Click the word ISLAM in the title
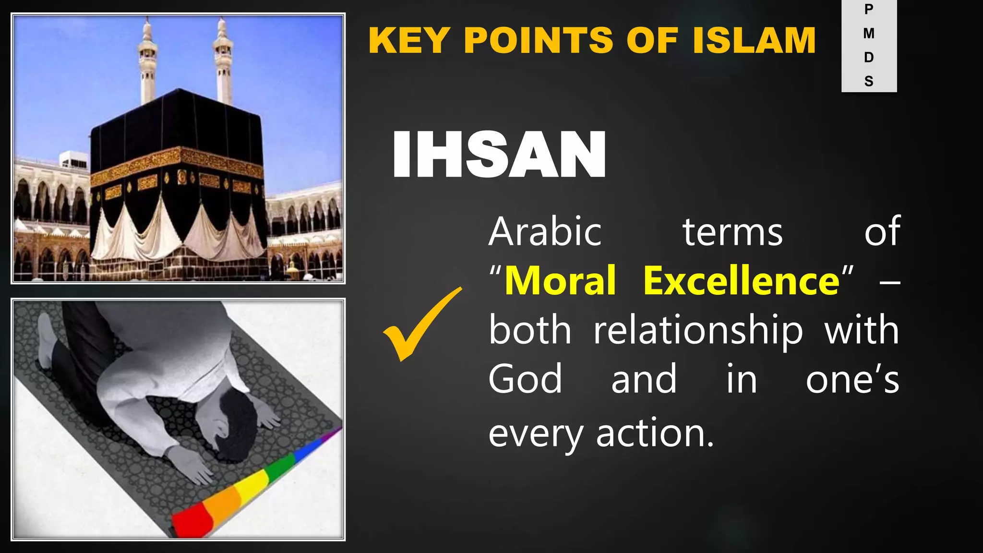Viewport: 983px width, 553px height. (754, 40)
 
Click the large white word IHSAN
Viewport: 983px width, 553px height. (499, 155)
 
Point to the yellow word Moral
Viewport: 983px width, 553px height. (560, 281)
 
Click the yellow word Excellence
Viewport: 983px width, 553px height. (742, 281)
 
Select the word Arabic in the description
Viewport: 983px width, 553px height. (545, 232)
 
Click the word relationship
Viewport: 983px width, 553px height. (698, 331)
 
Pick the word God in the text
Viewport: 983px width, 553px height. (525, 379)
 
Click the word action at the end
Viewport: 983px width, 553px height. (655, 433)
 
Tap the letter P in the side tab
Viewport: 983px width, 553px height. (869, 9)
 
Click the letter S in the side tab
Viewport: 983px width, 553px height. (869, 81)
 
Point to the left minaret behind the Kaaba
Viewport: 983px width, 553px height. (147, 62)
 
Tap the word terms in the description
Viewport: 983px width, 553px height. (732, 232)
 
